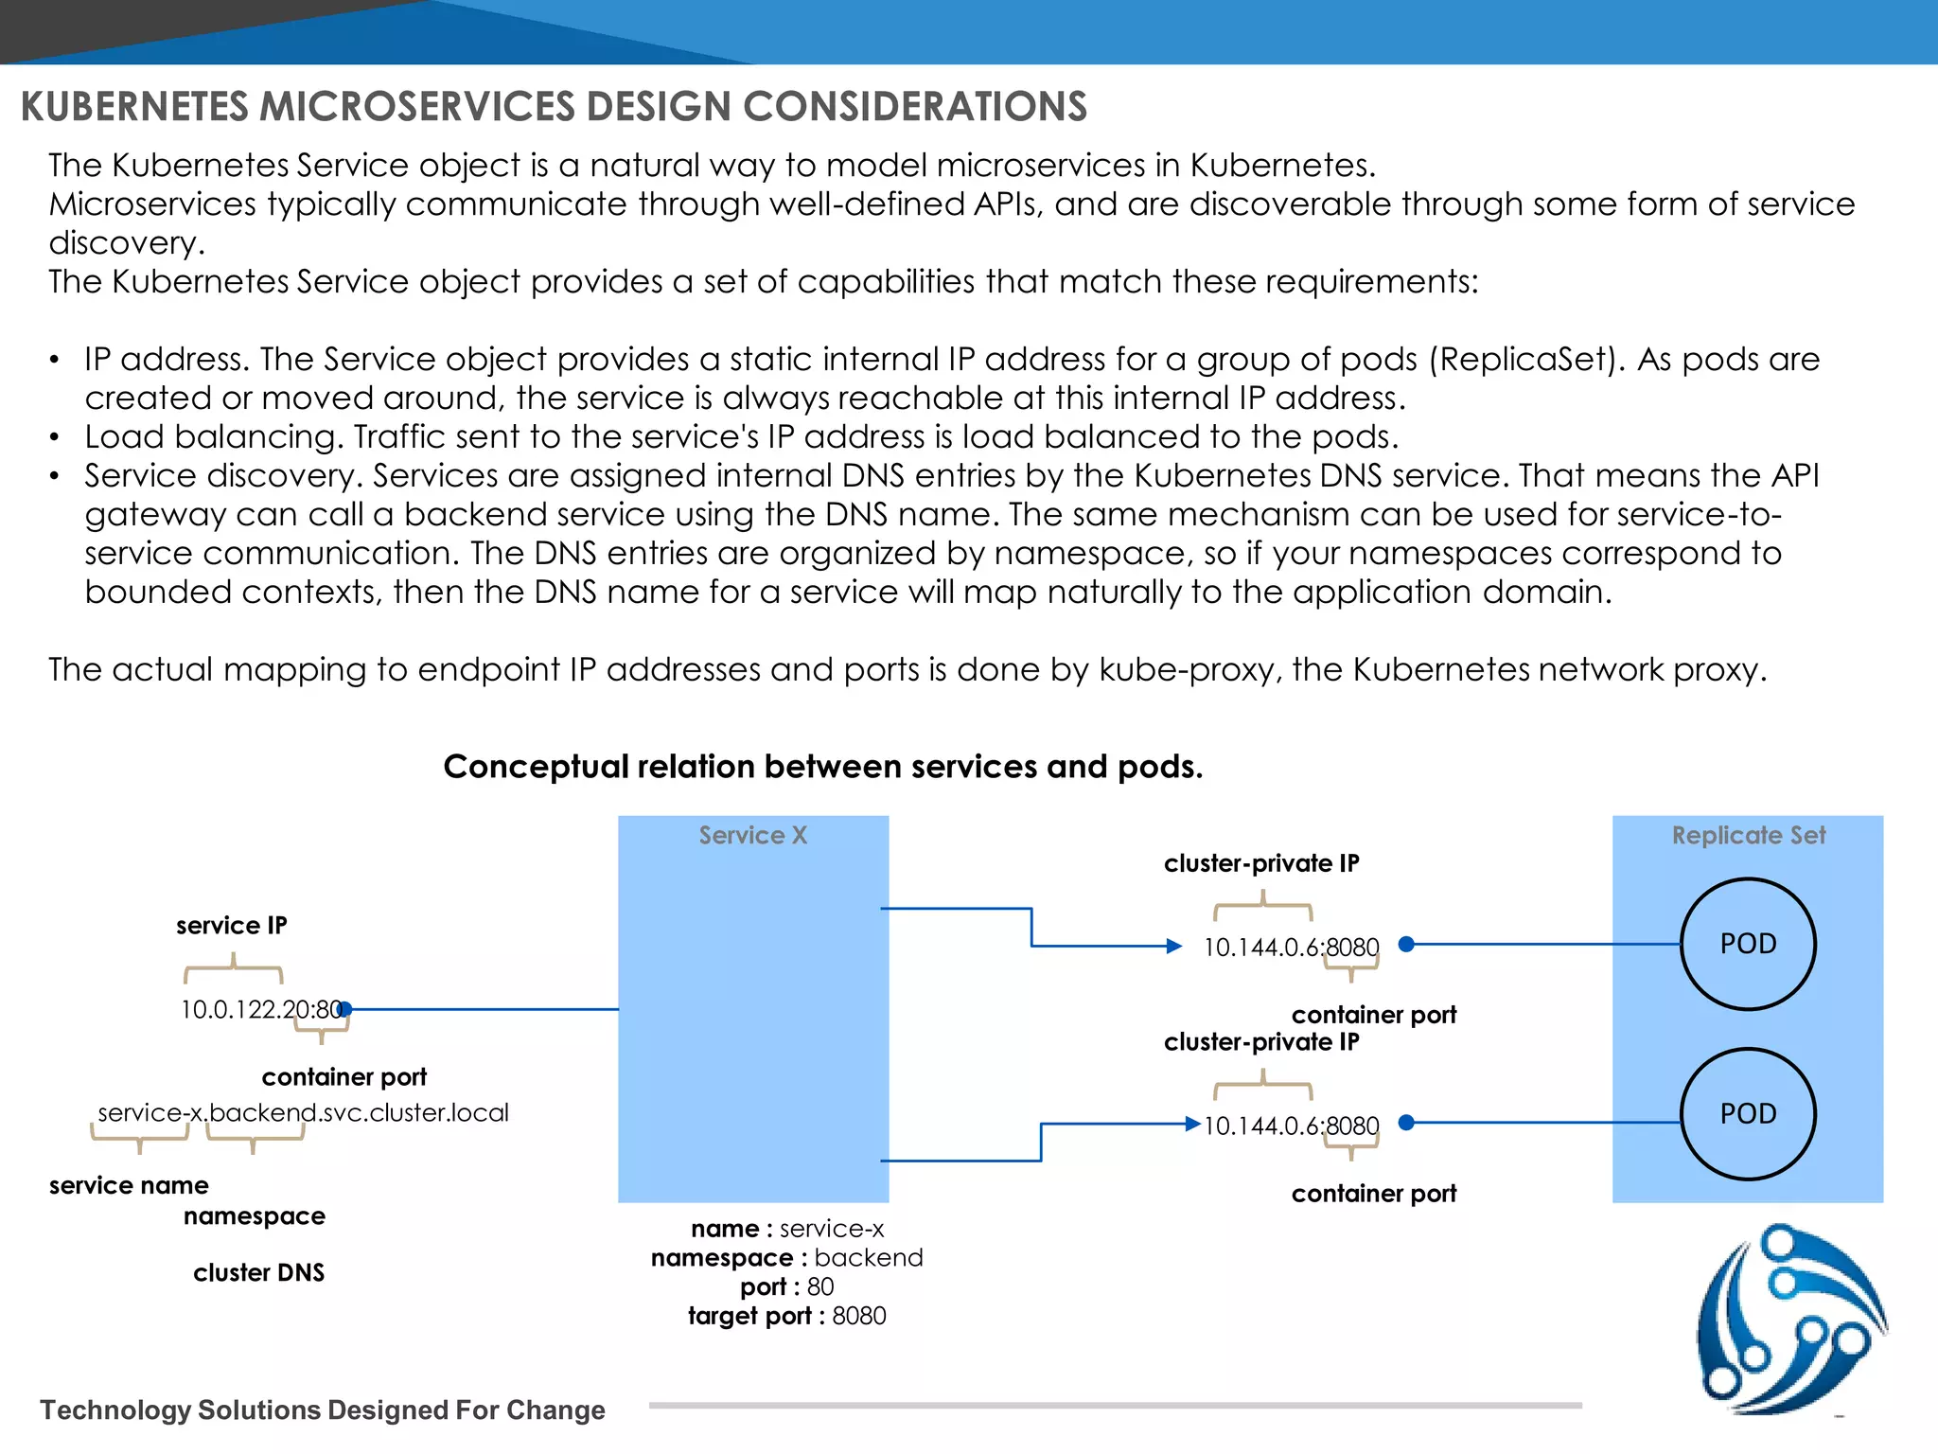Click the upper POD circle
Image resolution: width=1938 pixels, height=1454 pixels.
pyautogui.click(x=1748, y=944)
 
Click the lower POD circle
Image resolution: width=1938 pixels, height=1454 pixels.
pyautogui.click(x=1748, y=1113)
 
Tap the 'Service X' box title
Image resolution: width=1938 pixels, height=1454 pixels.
pyautogui.click(x=753, y=835)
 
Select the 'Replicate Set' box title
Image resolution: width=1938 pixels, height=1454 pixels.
pyautogui.click(x=1748, y=835)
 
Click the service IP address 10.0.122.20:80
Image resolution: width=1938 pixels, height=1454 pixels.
pyautogui.click(x=260, y=1009)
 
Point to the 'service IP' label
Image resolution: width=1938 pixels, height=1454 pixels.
pyautogui.click(x=232, y=925)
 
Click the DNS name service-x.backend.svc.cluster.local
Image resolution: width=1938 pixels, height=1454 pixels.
pyautogui.click(x=303, y=1112)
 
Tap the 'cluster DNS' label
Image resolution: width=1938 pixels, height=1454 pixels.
pyautogui.click(x=258, y=1272)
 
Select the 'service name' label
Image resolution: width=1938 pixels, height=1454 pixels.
pyautogui.click(x=129, y=1185)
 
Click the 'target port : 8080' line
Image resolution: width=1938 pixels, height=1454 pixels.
pyautogui.click(x=787, y=1316)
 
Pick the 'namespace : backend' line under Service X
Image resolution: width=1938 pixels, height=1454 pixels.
pyautogui.click(x=787, y=1257)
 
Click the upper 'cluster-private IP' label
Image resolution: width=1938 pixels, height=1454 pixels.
pyautogui.click(x=1261, y=863)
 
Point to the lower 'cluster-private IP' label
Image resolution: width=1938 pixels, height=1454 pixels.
pyautogui.click(x=1261, y=1042)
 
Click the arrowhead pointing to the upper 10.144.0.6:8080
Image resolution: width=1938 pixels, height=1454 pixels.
pyautogui.click(x=1174, y=946)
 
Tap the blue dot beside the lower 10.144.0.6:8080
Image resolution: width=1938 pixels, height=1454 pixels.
pyautogui.click(x=1406, y=1123)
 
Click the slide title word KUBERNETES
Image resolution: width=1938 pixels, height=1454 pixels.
pyautogui.click(x=134, y=106)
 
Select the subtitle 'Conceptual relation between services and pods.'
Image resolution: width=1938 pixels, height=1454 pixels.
pyautogui.click(x=823, y=766)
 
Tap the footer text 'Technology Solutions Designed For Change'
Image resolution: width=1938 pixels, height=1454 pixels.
pyautogui.click(x=323, y=1410)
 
